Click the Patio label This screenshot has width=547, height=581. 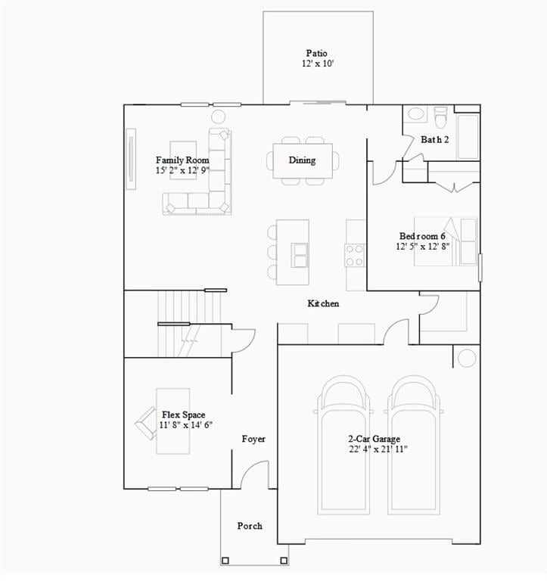click(x=316, y=53)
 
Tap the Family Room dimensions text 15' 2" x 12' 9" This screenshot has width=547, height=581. click(x=182, y=171)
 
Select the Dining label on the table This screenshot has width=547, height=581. click(x=302, y=160)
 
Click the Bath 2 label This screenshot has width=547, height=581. click(x=435, y=140)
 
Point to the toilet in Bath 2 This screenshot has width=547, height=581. click(x=441, y=117)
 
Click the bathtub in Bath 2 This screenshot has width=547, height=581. click(x=468, y=136)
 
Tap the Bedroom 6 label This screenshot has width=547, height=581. click(x=422, y=236)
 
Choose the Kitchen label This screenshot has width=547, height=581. click(x=323, y=303)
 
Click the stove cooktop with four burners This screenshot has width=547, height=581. click(x=356, y=254)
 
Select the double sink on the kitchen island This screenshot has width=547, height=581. click(x=300, y=255)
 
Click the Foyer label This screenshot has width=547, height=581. click(x=253, y=439)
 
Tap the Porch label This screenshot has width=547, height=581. click(x=250, y=526)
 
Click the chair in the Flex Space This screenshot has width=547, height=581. click(x=145, y=423)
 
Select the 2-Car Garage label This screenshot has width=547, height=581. click(x=374, y=439)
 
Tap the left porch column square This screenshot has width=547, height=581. click(x=225, y=561)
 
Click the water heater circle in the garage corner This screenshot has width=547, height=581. click(x=466, y=358)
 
